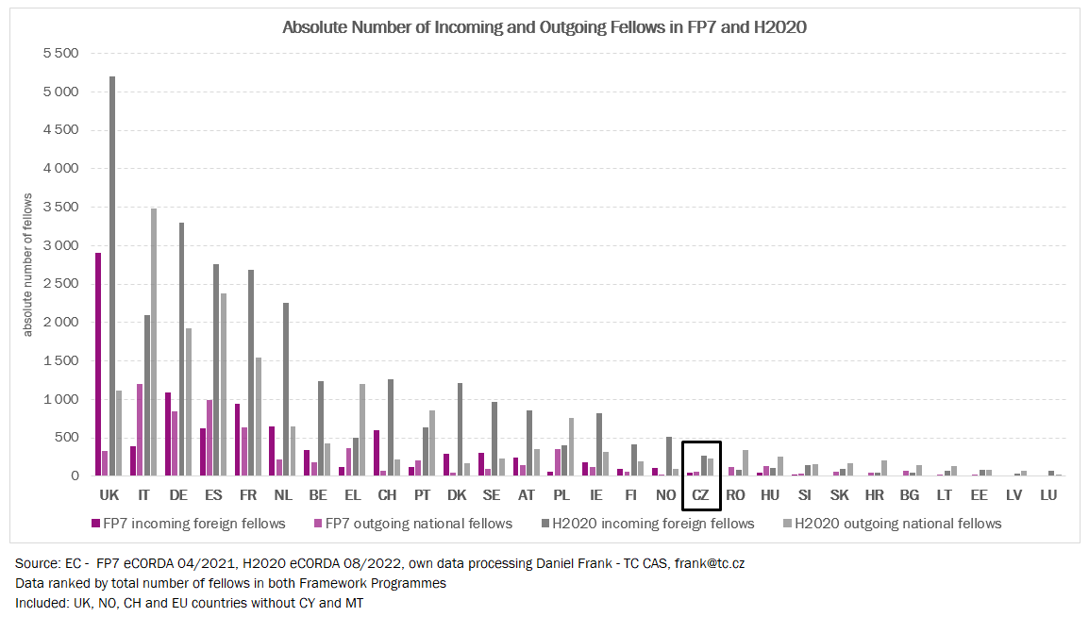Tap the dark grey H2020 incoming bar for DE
click(181, 349)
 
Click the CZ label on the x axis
click(701, 494)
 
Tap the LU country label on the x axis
click(1048, 494)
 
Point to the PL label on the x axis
click(561, 494)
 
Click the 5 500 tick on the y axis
click(59, 53)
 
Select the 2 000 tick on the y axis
click(59, 322)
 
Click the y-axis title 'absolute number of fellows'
click(27, 264)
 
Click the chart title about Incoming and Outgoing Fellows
click(544, 27)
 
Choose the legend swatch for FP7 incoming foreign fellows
click(96, 523)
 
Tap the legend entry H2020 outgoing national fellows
click(897, 523)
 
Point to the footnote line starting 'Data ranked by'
click(230, 583)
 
